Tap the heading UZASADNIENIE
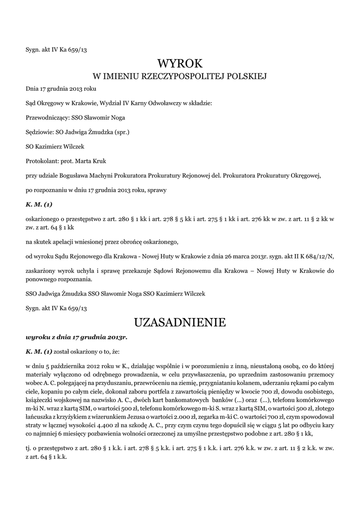(x=180, y=322)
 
